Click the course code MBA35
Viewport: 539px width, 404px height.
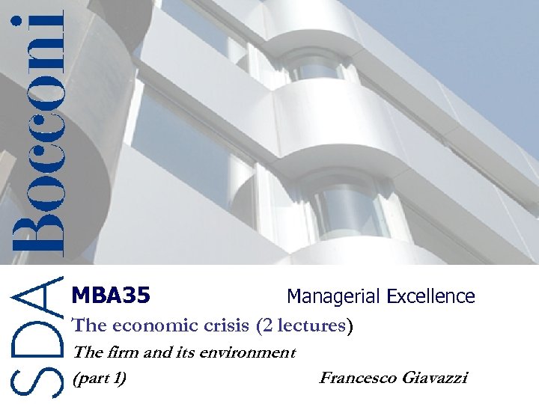pos(111,296)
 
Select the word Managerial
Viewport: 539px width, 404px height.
pos(334,296)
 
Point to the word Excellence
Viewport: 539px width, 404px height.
pos(430,296)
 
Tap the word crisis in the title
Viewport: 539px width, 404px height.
pos(224,326)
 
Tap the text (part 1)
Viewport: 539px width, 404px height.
pos(98,378)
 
